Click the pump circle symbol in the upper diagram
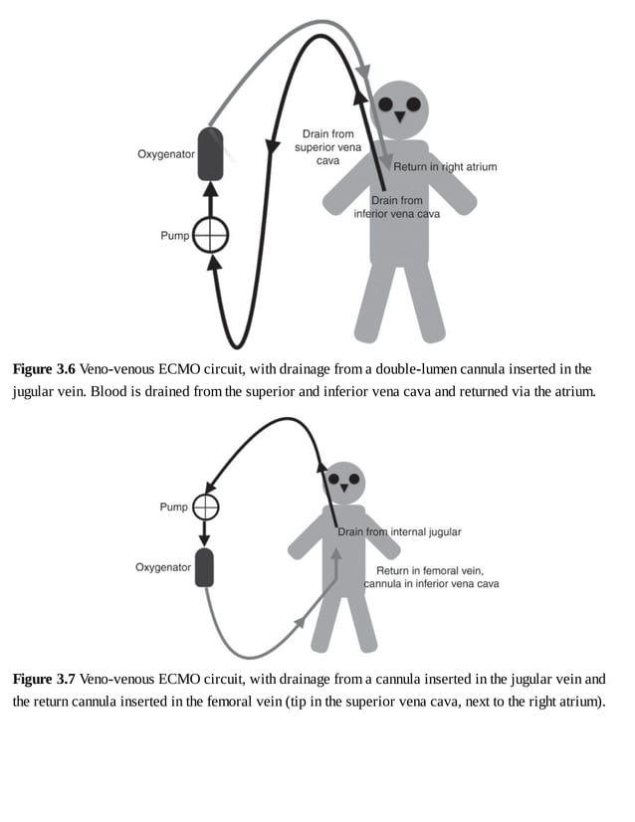[210, 236]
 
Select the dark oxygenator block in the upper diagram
[210, 153]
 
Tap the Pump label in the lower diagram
[173, 507]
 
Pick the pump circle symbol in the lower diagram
[205, 507]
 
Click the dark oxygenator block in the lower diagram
[205, 567]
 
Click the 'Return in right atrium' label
[445, 167]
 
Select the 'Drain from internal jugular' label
[399, 532]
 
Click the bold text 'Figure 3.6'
[43, 369]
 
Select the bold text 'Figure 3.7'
[43, 679]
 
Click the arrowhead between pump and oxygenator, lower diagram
[205, 538]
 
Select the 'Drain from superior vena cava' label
[327, 147]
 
